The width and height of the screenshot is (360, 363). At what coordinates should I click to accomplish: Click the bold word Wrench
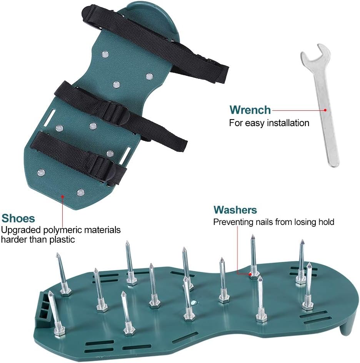pyautogui.click(x=250, y=110)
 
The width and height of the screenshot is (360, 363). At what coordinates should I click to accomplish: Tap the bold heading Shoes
pyautogui.click(x=18, y=218)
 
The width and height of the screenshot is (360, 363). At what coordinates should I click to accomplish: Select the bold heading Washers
pyautogui.click(x=235, y=210)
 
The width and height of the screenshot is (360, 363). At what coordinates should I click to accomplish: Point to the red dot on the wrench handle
pyautogui.click(x=325, y=110)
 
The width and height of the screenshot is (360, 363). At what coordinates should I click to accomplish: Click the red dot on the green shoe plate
pyautogui.click(x=63, y=196)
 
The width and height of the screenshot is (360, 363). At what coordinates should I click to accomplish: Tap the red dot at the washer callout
pyautogui.click(x=250, y=274)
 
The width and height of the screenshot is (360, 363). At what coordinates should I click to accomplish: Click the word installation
pyautogui.click(x=288, y=123)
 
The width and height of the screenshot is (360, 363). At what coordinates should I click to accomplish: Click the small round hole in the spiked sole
pyautogui.click(x=194, y=302)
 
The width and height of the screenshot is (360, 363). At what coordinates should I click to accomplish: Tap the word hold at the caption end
pyautogui.click(x=326, y=222)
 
